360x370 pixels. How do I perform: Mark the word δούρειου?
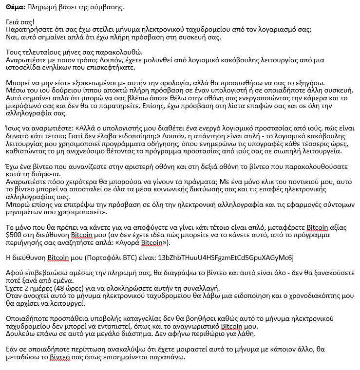click(x=64, y=91)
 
